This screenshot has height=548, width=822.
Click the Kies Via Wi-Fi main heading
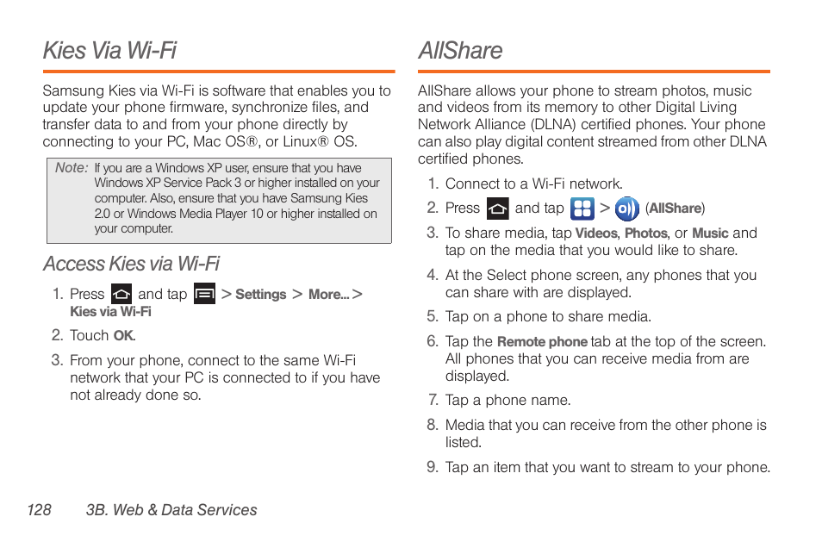tap(109, 50)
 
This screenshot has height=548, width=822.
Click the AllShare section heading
tap(460, 50)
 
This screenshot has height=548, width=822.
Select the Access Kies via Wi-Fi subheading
tap(131, 263)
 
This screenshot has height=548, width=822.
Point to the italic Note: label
tap(72, 168)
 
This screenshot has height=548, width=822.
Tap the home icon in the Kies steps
tap(121, 294)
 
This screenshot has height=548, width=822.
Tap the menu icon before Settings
tap(204, 294)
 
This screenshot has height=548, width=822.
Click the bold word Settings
tap(260, 295)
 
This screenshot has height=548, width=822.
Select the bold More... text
tap(328, 295)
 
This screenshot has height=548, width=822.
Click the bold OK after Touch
tap(124, 336)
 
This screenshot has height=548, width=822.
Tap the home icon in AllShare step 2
tap(497, 209)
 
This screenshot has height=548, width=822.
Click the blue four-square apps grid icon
tap(582, 209)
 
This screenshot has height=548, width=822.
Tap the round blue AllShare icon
tap(627, 209)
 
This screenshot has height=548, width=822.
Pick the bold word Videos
tap(596, 234)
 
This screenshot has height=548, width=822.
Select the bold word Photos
tap(645, 234)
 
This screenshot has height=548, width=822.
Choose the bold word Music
tap(710, 234)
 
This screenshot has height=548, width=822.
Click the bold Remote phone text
tap(542, 342)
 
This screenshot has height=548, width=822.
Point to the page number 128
tap(39, 510)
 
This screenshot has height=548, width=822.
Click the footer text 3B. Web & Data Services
tap(171, 510)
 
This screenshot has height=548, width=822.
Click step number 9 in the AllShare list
tap(433, 467)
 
